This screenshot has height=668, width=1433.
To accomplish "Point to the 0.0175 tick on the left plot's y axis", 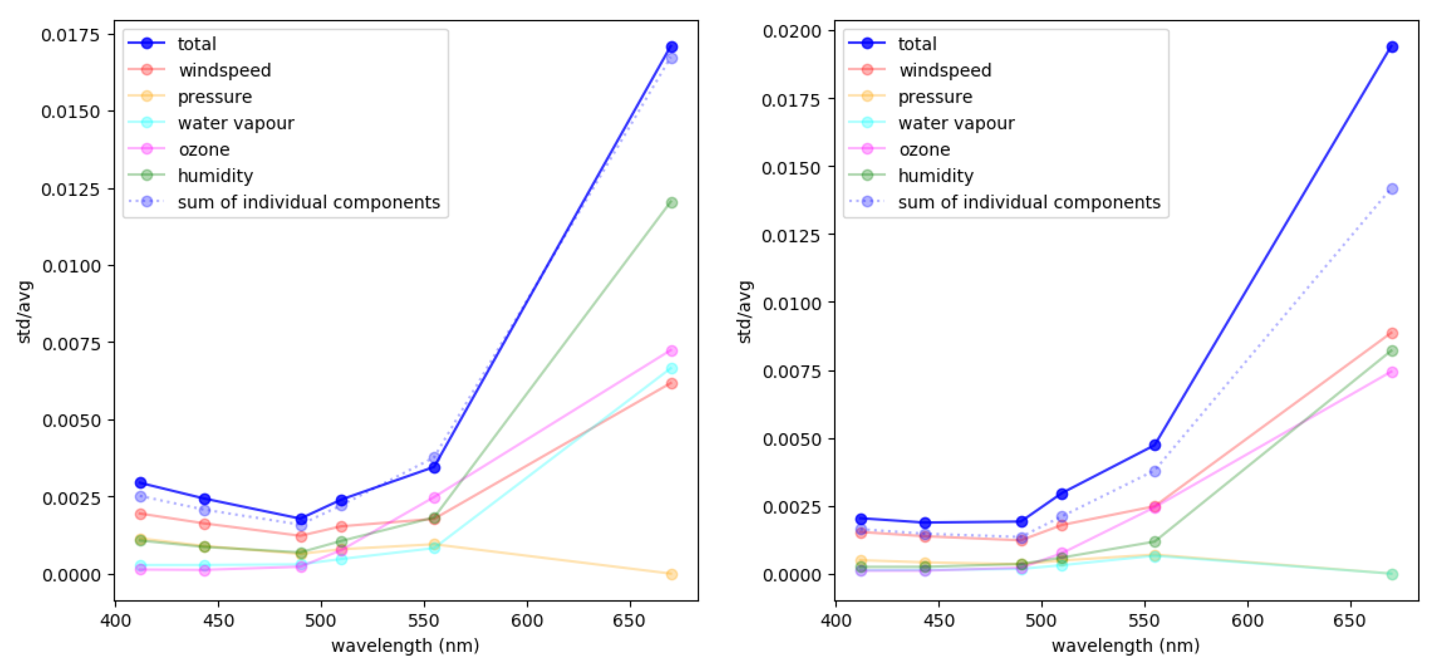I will [x=70, y=35].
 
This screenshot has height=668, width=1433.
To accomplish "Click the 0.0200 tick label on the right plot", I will [x=791, y=31].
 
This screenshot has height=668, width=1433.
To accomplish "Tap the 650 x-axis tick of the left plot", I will [x=629, y=621].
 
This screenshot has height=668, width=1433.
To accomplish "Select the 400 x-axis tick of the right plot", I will [x=835, y=621].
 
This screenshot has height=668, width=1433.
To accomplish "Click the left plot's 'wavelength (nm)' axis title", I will [x=405, y=646].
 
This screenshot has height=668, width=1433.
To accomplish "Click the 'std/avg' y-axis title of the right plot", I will [x=744, y=312].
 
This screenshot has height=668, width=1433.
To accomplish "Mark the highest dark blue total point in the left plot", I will [x=672, y=47].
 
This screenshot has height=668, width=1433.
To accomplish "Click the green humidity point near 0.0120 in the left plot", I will [x=672, y=203].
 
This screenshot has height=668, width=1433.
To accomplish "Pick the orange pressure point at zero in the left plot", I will [x=672, y=574].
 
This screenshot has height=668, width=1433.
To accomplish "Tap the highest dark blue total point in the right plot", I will [x=1392, y=47].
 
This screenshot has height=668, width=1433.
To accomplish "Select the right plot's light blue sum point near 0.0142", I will [x=1392, y=189].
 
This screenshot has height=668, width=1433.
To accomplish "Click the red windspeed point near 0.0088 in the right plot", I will [x=1392, y=334].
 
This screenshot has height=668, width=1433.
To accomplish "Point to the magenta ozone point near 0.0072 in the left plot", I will [x=672, y=351].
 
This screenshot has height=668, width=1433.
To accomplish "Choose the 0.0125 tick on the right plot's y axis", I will [x=791, y=236].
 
